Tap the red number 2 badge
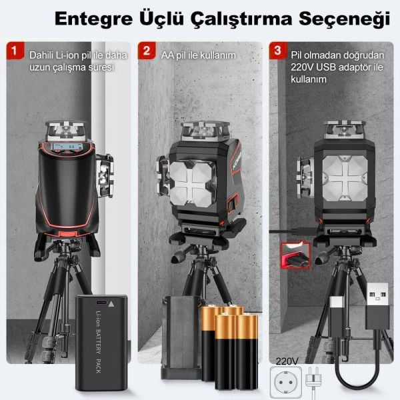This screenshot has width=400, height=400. [x=145, y=50]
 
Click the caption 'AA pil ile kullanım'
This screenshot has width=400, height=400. [x=199, y=54]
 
